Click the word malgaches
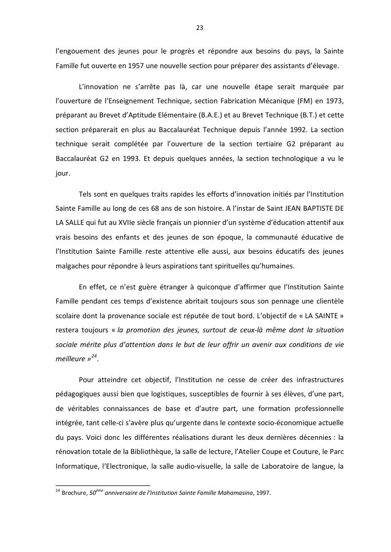pyautogui.click(x=72, y=265)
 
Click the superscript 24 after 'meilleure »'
pyautogui.click(x=94, y=356)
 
